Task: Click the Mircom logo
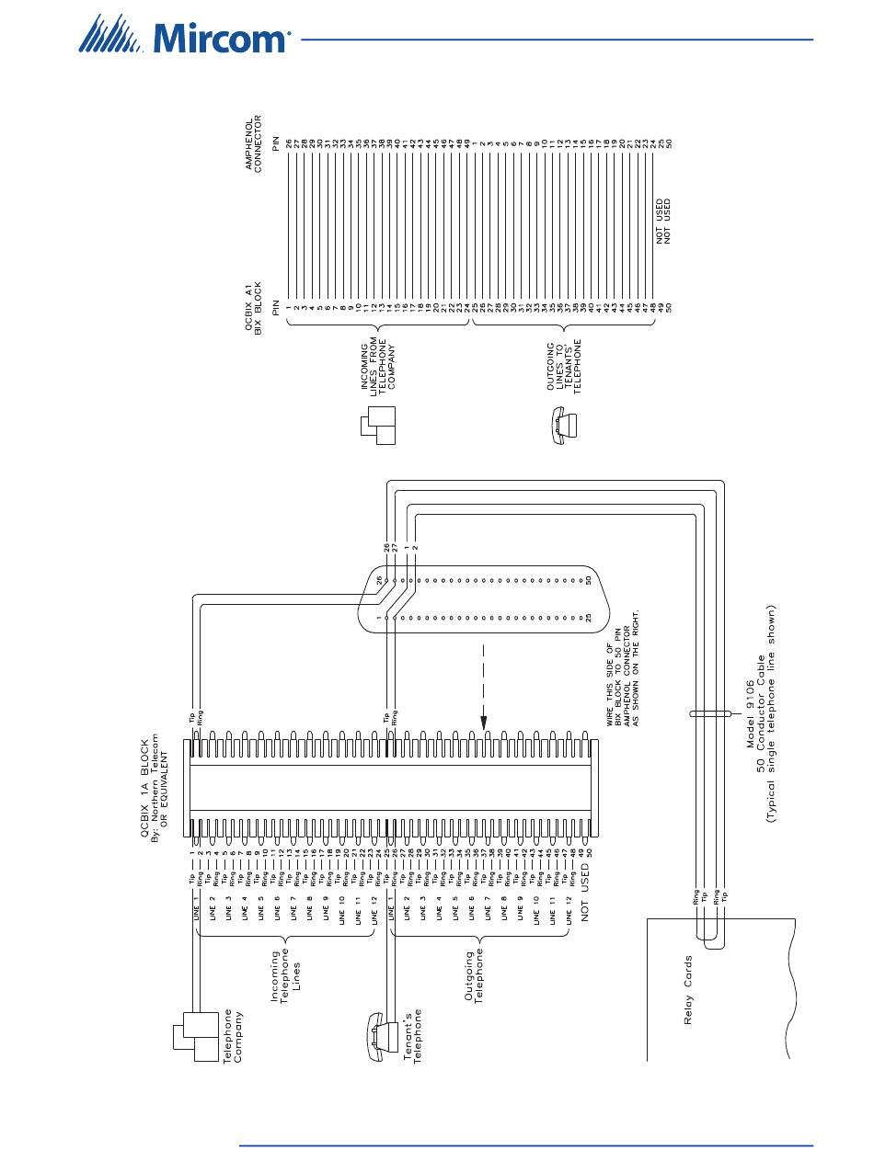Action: (x=185, y=39)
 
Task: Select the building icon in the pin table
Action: (x=377, y=426)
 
